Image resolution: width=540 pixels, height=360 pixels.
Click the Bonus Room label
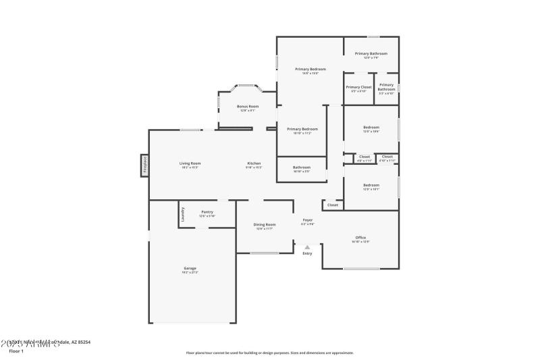pyautogui.click(x=247, y=106)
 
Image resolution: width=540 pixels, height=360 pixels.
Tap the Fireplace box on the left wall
pyautogui.click(x=144, y=165)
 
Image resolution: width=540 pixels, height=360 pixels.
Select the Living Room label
pyautogui.click(x=190, y=163)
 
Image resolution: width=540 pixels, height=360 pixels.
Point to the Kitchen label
pyautogui.click(x=254, y=163)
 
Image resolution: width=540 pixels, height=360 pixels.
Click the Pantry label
pyautogui.click(x=207, y=212)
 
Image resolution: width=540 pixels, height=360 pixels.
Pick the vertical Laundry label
pyautogui.click(x=182, y=214)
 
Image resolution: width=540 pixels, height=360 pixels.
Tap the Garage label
pyautogui.click(x=190, y=268)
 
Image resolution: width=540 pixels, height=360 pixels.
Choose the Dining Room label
pyautogui.click(x=265, y=224)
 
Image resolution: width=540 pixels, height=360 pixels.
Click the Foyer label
pyautogui.click(x=307, y=220)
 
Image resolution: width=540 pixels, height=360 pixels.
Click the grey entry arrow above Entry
pyautogui.click(x=307, y=247)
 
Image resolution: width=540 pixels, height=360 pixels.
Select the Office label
pyautogui.click(x=360, y=237)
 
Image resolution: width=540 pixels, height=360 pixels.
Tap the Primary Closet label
pyautogui.click(x=358, y=87)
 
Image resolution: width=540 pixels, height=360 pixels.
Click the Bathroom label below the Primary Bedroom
pyautogui.click(x=302, y=167)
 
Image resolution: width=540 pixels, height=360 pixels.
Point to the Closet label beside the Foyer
pyautogui.click(x=333, y=205)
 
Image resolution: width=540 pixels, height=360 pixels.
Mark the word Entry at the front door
pyautogui.click(x=307, y=253)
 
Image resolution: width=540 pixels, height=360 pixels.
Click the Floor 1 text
pyautogui.click(x=16, y=351)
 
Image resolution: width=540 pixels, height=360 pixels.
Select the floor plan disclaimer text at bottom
pyautogui.click(x=269, y=353)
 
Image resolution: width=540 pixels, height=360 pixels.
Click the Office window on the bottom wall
pyautogui.click(x=361, y=269)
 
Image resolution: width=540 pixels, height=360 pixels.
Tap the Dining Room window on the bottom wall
pyautogui.click(x=264, y=253)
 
